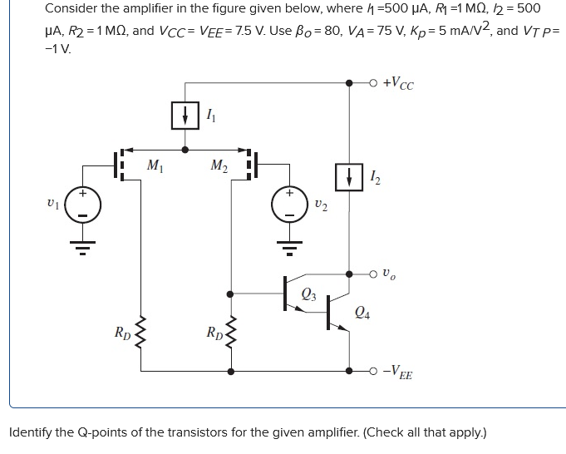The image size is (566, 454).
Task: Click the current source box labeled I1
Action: tap(184, 116)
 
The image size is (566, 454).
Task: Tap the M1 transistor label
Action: tap(154, 164)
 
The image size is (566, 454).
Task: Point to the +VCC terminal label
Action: tap(398, 83)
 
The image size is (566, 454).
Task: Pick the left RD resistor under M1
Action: tap(135, 333)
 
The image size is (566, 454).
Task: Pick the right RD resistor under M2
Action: tap(230, 333)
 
